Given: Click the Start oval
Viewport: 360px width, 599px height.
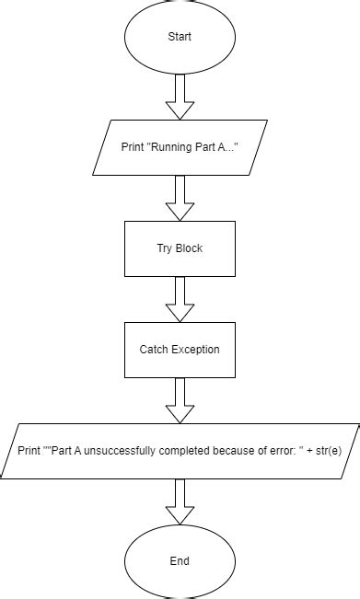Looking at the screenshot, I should (180, 38).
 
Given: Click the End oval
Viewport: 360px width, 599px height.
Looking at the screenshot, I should (180, 560).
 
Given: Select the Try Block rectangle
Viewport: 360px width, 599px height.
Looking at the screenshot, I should (180, 248).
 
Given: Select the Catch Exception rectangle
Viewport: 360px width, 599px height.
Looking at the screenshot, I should (180, 350).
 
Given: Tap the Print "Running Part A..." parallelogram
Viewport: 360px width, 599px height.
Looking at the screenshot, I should (180, 147).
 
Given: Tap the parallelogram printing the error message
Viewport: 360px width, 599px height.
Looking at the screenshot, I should (180, 451).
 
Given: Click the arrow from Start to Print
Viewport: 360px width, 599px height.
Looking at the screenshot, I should (180, 96).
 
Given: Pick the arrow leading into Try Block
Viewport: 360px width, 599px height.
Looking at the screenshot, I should (180, 197).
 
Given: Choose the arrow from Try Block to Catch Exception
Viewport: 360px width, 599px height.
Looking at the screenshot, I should (180, 298).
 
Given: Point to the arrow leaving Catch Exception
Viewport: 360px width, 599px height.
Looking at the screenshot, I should (180, 399).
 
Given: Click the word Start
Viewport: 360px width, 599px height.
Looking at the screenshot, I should (180, 38).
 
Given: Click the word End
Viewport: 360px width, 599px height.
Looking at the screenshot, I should (180, 560).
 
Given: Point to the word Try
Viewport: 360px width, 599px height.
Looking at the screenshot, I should (165, 248).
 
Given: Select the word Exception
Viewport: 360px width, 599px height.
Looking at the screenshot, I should (195, 350).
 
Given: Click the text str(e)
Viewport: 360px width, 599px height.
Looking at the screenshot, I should (324, 451).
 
